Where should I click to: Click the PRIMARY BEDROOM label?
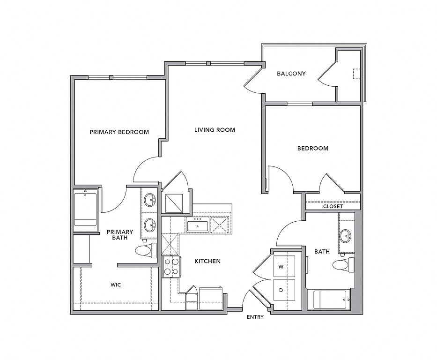(119, 132)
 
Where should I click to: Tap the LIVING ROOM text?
(215, 130)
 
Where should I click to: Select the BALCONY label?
(291, 74)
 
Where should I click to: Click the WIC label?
(116, 285)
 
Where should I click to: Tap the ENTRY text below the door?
(255, 317)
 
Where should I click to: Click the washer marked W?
(281, 267)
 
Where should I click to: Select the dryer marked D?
(281, 290)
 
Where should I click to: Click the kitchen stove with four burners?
(171, 266)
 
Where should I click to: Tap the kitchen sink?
(197, 225)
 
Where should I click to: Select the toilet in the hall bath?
(343, 265)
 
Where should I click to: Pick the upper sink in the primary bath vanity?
(150, 200)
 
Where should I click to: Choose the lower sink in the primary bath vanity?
(150, 224)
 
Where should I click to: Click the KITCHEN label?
(207, 261)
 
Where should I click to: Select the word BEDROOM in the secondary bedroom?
(313, 149)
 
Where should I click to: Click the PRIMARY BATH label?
(120, 235)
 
